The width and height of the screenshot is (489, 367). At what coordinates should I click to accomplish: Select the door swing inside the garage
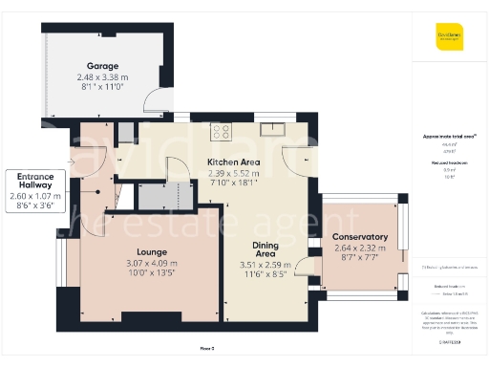pyautogui.click(x=153, y=98)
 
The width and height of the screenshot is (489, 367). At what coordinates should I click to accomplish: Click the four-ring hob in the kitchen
pyautogui.click(x=222, y=133)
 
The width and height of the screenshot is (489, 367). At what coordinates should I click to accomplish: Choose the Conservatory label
pyautogui.click(x=359, y=237)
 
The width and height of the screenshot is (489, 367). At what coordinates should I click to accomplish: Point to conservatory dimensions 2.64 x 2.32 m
pyautogui.click(x=359, y=248)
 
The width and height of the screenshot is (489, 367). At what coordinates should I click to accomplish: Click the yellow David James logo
pyautogui.click(x=449, y=39)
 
